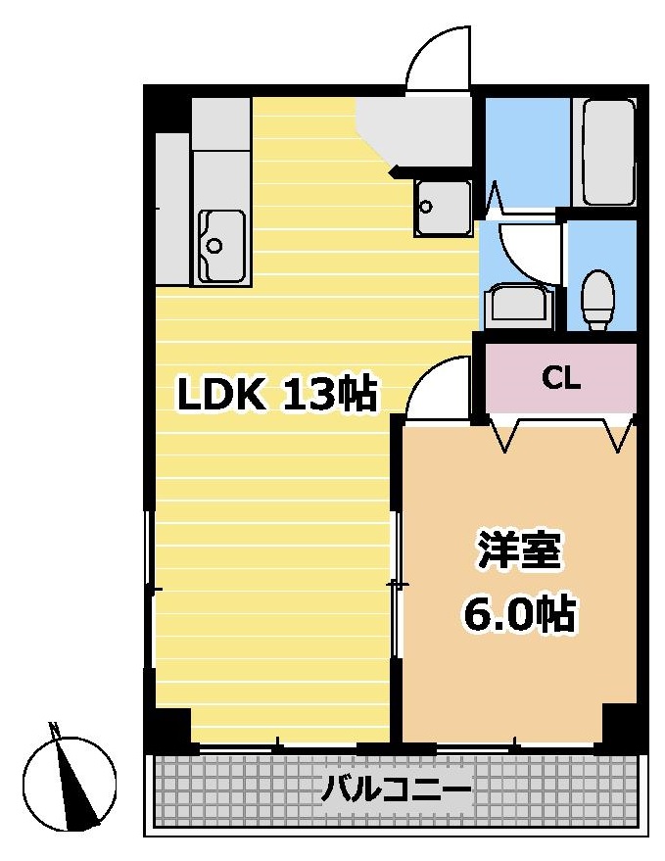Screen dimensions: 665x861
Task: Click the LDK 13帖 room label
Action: [x=276, y=394]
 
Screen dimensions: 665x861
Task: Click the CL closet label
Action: [x=560, y=378]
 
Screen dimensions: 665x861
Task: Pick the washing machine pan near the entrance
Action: [x=444, y=208]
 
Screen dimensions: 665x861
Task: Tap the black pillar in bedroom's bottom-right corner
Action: [x=620, y=723]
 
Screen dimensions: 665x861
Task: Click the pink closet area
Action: [x=560, y=378]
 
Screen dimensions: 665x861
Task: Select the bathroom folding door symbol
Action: [x=495, y=198]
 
